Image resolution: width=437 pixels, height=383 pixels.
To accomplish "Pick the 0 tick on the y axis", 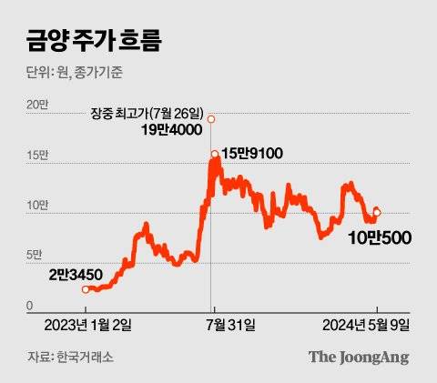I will tap(29, 306).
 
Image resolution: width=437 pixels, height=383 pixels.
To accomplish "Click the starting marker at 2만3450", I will tap(86, 289).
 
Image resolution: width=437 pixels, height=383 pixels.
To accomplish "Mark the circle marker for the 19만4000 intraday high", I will tap(211, 119).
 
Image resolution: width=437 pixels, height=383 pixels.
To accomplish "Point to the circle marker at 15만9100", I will tap(215, 154).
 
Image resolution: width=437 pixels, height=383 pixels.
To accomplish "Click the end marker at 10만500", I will tap(377, 212).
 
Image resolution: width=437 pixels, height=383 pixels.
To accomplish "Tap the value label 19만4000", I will tap(173, 132).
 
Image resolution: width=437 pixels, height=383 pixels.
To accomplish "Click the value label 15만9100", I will tap(248, 154).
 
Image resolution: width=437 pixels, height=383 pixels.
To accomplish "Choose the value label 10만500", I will tap(380, 238).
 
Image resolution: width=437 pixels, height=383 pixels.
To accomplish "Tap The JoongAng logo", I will tap(358, 357).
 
